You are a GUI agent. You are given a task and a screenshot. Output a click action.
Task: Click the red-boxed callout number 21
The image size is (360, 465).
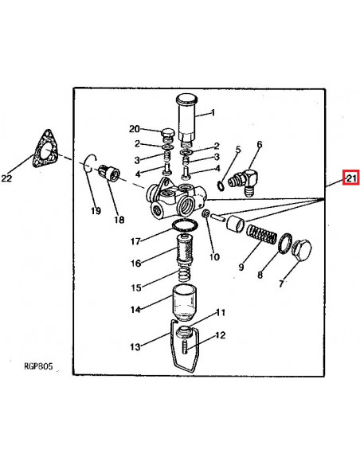350,178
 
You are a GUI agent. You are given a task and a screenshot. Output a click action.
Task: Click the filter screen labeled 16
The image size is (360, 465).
184,248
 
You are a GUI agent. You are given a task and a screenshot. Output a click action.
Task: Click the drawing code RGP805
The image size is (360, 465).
38,366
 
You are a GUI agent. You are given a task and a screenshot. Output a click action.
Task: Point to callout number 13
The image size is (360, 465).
135,346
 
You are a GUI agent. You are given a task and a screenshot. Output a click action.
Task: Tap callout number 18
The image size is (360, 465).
119,220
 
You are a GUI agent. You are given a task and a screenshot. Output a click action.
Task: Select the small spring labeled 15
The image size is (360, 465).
185,275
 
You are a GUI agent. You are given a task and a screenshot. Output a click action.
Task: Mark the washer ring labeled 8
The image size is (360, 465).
285,244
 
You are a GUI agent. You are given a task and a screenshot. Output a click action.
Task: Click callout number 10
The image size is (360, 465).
214,256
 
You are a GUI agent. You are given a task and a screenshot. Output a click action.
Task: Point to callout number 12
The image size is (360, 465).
221,335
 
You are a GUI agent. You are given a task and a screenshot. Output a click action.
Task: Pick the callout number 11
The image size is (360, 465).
220,312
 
